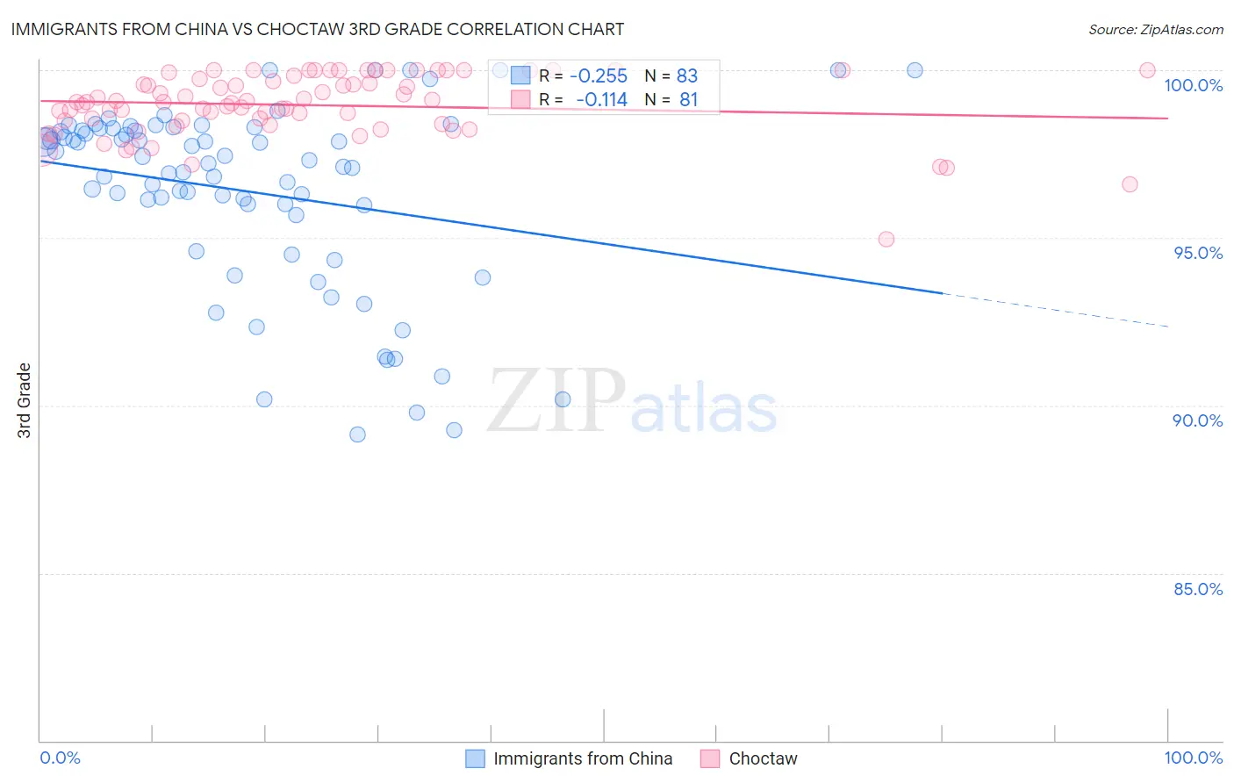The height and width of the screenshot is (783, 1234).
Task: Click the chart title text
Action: click(x=317, y=29)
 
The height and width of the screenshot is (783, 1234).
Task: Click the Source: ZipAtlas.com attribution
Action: click(x=1155, y=30)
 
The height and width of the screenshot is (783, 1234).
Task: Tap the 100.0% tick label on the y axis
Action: click(x=1193, y=85)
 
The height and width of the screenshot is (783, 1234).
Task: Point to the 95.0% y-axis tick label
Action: click(x=1197, y=253)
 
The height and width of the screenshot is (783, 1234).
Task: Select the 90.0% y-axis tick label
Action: click(x=1197, y=420)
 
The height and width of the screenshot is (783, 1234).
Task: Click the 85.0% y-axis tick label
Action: click(x=1197, y=589)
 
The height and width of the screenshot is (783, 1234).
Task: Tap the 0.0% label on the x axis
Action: click(x=60, y=758)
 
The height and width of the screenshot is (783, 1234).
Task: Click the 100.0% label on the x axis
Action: click(x=1193, y=758)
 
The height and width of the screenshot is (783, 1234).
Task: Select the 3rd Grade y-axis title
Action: click(x=25, y=400)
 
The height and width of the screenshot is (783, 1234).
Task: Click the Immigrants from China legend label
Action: click(x=583, y=758)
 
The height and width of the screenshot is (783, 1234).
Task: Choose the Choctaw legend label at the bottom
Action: click(x=763, y=758)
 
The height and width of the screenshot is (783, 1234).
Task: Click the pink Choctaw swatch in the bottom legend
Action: click(x=710, y=758)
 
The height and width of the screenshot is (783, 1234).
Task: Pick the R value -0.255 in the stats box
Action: click(x=599, y=76)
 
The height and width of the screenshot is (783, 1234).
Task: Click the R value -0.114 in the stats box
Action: click(x=601, y=100)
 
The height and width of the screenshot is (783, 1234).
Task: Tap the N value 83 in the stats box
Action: click(x=686, y=76)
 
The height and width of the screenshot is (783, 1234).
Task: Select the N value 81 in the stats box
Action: click(x=688, y=100)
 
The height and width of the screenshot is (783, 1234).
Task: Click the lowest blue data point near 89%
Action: click(x=357, y=435)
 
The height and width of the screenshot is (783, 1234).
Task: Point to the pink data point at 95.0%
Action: click(x=886, y=240)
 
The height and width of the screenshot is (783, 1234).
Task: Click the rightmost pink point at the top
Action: click(x=1146, y=70)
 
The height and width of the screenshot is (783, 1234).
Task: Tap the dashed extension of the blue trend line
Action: click(x=1053, y=310)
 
